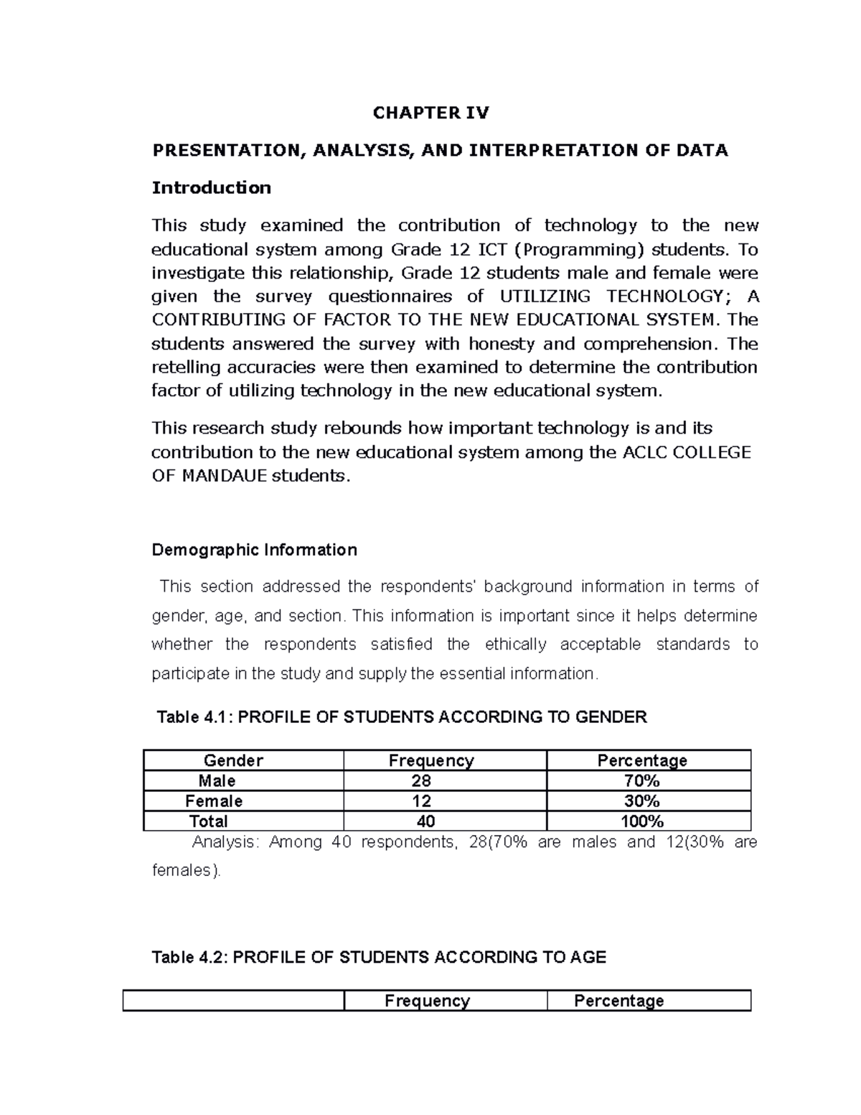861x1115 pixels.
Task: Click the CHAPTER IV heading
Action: [x=430, y=113]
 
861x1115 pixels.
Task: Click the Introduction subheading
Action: [x=211, y=188]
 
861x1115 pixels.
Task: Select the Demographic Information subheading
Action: [x=254, y=550]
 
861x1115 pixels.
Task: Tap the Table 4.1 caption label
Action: [x=401, y=717]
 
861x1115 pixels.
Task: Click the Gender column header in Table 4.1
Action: [x=233, y=760]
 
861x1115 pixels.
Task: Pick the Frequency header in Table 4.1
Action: [x=431, y=760]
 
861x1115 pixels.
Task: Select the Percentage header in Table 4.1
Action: [x=642, y=760]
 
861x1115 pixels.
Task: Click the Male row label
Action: [x=217, y=780]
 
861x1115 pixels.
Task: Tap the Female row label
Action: [x=214, y=801]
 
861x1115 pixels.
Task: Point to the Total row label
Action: [x=208, y=821]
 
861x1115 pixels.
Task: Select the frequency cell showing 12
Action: [x=421, y=801]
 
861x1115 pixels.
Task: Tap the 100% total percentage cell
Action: [x=642, y=821]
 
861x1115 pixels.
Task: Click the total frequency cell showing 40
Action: [x=425, y=821]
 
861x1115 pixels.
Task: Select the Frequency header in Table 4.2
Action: [x=427, y=1001]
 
